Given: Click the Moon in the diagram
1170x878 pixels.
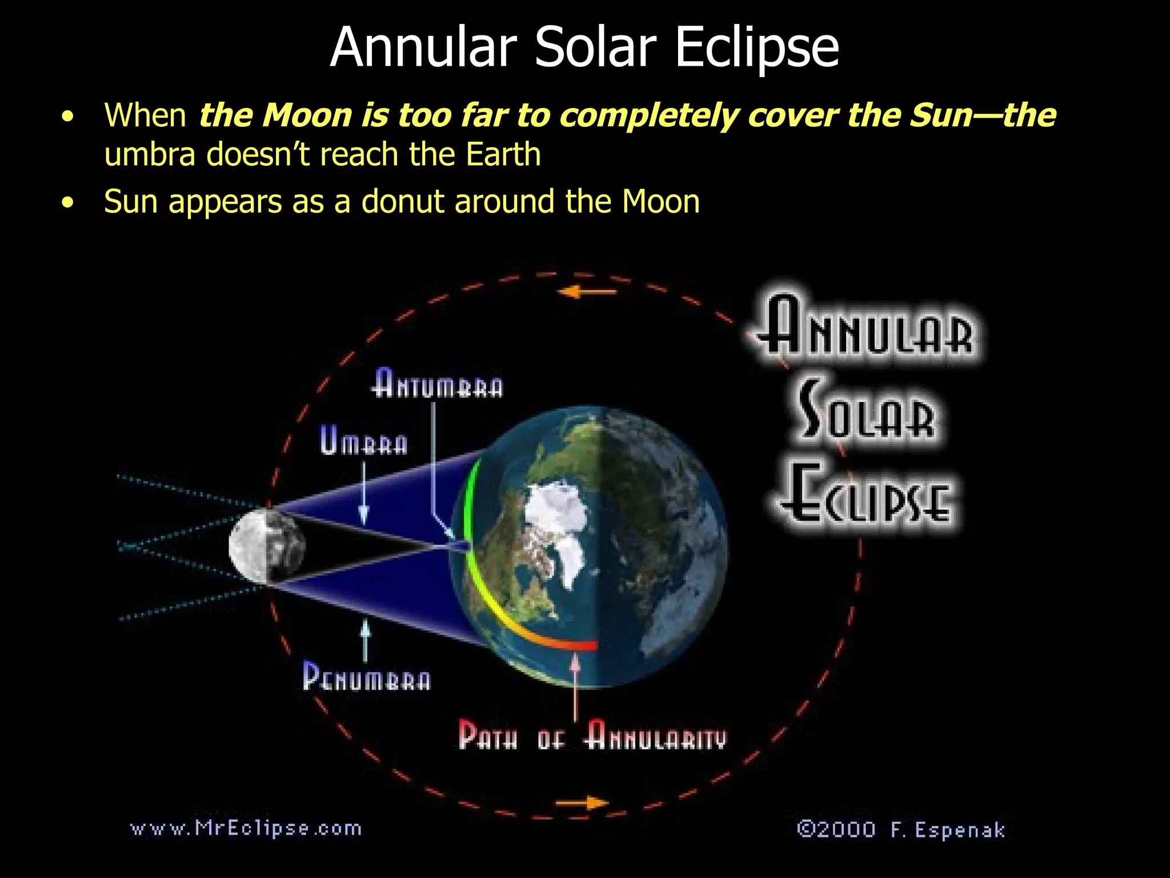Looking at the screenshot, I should (267, 545).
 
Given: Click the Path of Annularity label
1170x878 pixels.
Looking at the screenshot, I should (592, 735).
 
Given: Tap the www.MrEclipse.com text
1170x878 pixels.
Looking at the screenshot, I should (246, 828).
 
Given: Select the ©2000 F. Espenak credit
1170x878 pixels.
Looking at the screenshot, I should (901, 829).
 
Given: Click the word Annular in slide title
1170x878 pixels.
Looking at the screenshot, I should (423, 47).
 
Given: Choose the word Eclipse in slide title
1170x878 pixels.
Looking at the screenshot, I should (756, 47).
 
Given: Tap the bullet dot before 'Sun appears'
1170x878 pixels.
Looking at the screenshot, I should (68, 202).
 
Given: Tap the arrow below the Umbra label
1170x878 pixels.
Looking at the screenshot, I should (364, 494).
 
